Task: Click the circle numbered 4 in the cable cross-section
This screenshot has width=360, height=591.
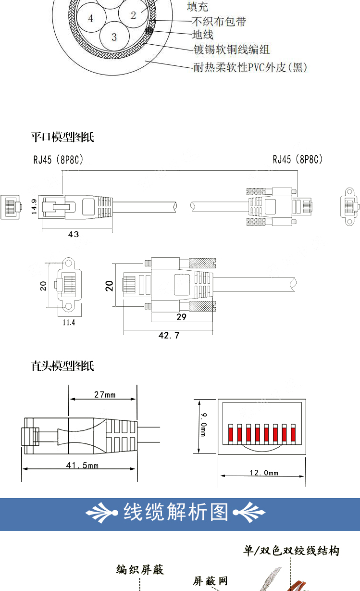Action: coord(91,17)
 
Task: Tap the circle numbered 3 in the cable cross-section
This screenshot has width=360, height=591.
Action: coord(114,36)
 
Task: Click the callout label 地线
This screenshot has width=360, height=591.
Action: coord(202,35)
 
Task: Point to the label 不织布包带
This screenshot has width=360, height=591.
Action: coord(219,21)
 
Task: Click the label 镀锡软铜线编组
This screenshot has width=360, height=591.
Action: coord(232,50)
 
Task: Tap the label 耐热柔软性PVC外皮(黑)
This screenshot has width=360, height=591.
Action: coord(250,67)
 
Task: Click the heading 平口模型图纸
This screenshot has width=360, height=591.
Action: coord(62,137)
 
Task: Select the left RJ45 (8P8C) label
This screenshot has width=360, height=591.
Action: coord(58,160)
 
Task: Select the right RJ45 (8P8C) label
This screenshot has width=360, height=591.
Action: coord(298,159)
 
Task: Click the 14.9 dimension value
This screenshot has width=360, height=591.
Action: coord(34,207)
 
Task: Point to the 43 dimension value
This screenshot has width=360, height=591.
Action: coord(74,234)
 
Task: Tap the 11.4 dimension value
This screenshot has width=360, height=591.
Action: coord(69,322)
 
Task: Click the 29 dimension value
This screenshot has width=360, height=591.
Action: coord(182,317)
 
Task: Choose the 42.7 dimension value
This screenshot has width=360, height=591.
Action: coord(169,335)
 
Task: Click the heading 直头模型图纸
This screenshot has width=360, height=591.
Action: coord(62,366)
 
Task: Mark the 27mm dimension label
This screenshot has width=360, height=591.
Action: coord(105,394)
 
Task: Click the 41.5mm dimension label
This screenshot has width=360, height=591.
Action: coord(82,465)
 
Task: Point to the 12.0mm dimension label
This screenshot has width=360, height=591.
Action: coord(264,473)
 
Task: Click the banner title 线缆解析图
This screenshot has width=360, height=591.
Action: coord(176,512)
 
